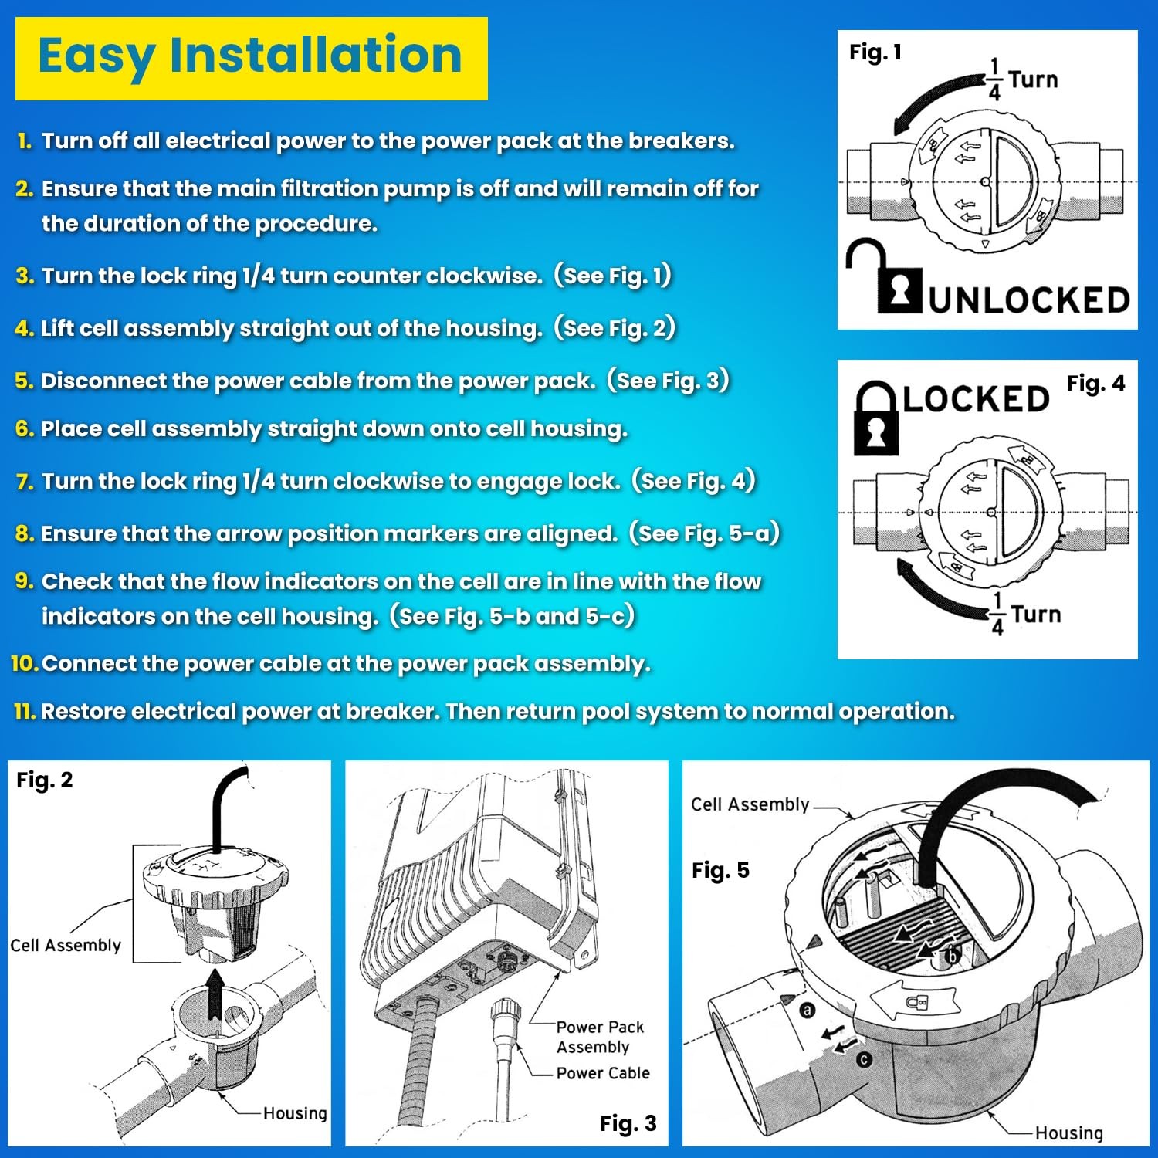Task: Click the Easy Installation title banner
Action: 251,59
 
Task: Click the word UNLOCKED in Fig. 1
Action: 1029,300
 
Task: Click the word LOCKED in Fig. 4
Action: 976,399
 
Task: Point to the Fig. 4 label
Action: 1095,383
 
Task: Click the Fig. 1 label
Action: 875,52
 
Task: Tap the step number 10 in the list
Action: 25,663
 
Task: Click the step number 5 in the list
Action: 24,381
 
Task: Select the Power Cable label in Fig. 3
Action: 603,1073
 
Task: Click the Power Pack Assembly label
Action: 599,1037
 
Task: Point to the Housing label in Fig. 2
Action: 295,1112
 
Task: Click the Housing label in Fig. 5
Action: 1068,1133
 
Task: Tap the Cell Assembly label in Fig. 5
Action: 750,804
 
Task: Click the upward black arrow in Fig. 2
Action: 215,996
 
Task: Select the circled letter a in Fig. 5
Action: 808,1010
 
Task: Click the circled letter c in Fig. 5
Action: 865,1060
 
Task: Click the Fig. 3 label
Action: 628,1123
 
